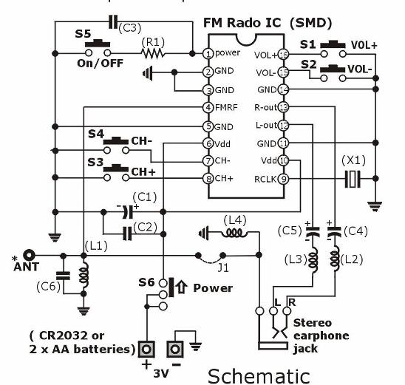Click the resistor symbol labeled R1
click(153, 53)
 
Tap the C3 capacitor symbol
click(113, 22)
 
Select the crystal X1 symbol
click(353, 179)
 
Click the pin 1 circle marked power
click(208, 54)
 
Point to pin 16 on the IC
click(284, 55)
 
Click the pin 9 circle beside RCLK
click(283, 179)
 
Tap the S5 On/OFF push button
click(98, 49)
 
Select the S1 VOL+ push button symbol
click(333, 49)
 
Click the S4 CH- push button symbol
click(116, 146)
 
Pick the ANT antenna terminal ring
click(29, 256)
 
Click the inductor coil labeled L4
click(234, 234)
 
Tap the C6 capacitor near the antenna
click(64, 275)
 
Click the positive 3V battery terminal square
click(146, 350)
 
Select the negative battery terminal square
click(175, 350)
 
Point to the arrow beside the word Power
click(182, 287)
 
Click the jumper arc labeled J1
click(211, 260)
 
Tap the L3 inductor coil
click(313, 259)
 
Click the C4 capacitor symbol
click(334, 232)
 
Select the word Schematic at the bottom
click(259, 376)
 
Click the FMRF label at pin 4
click(226, 107)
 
